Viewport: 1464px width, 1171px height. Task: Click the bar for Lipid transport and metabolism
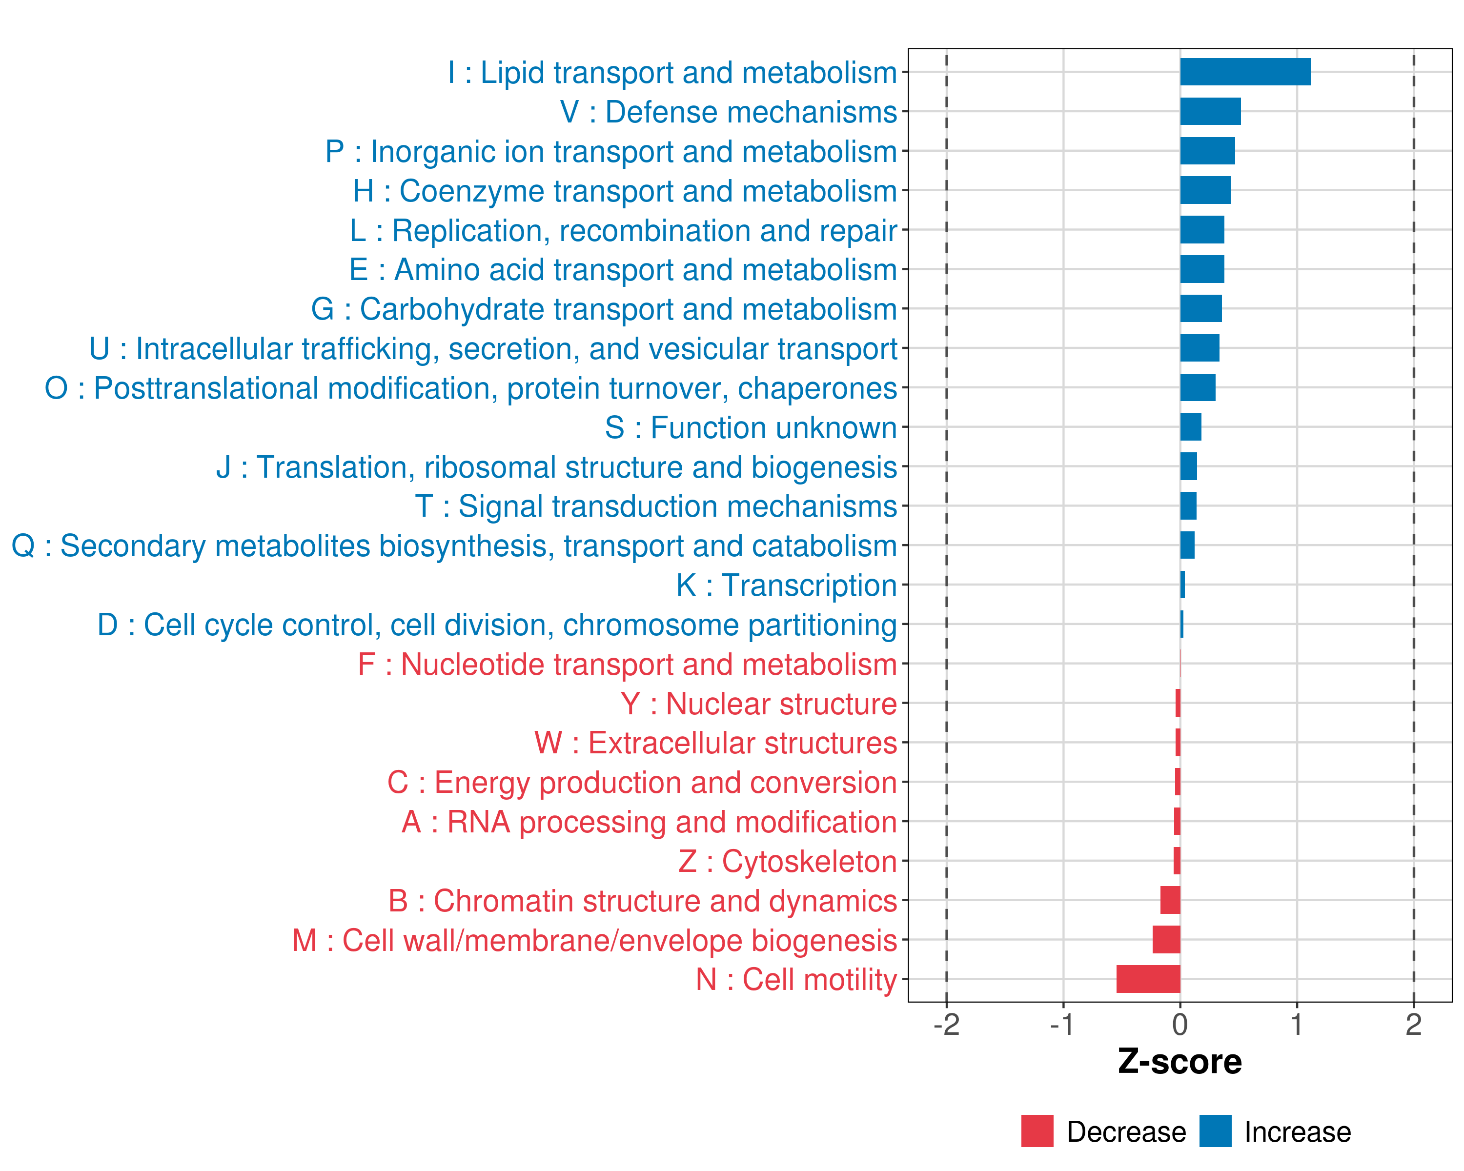1245,72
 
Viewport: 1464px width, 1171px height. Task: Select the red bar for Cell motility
1148,979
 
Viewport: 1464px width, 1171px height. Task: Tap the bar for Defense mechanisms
1210,111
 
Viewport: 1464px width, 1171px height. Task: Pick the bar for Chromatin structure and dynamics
1170,900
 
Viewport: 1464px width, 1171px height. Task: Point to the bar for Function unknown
1190,427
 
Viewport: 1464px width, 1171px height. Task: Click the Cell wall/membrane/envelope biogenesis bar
1166,940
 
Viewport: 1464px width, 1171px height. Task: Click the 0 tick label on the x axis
1180,1024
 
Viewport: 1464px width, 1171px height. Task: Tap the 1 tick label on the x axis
1296,1024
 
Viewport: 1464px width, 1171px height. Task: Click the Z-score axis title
1179,1062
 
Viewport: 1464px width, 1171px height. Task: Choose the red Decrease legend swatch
1037,1131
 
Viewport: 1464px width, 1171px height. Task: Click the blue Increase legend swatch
1215,1131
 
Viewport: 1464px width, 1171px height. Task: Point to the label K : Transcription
786,585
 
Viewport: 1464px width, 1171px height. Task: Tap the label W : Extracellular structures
716,743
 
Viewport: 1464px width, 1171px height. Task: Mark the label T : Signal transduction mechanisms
656,506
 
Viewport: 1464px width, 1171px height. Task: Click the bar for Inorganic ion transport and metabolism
1207,151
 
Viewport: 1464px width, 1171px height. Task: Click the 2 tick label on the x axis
1414,1024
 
